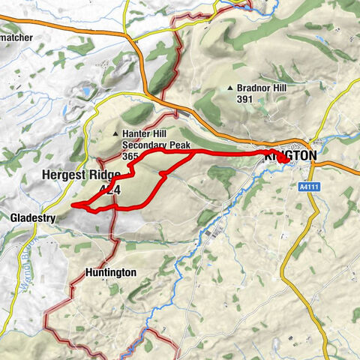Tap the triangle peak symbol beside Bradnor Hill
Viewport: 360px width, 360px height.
point(230,88)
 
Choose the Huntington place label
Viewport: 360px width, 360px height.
point(110,273)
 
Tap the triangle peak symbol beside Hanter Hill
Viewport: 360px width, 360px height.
point(115,134)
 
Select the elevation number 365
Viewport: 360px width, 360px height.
point(130,156)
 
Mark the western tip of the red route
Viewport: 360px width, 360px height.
point(73,205)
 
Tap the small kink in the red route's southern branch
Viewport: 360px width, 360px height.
point(162,175)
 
